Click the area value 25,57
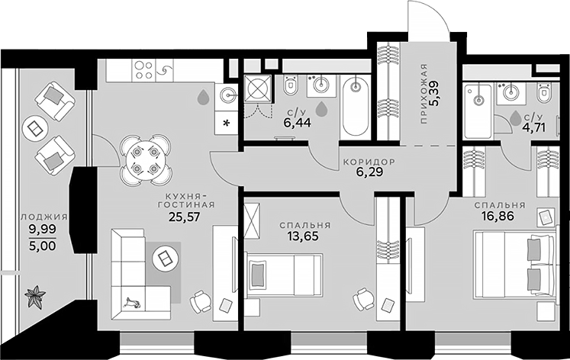(185, 217)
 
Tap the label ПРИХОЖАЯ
(423, 94)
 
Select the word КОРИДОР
(369, 161)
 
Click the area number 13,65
(303, 236)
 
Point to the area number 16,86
(498, 216)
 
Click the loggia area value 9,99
(43, 230)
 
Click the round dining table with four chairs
(146, 160)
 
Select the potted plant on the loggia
(35, 296)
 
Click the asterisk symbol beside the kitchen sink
(226, 124)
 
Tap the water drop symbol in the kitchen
(203, 98)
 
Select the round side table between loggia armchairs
(35, 128)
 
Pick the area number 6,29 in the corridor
(369, 172)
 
